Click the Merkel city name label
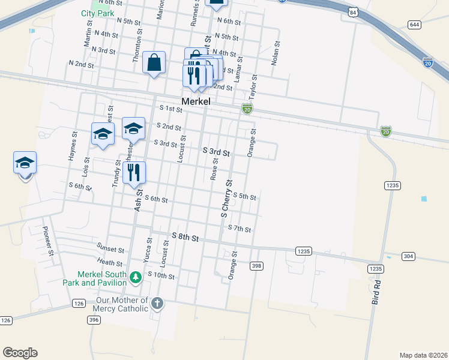point(196,101)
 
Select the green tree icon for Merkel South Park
point(136,277)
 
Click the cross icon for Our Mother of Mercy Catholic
point(157,303)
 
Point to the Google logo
point(20,352)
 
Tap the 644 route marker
point(414,25)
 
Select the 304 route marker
point(408,256)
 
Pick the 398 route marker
point(256,265)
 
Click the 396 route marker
point(93,320)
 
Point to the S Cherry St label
point(226,197)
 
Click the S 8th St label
point(185,238)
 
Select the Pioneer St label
point(47,241)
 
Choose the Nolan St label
point(276,53)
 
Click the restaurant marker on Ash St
point(134,172)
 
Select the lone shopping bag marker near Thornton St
point(154,62)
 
